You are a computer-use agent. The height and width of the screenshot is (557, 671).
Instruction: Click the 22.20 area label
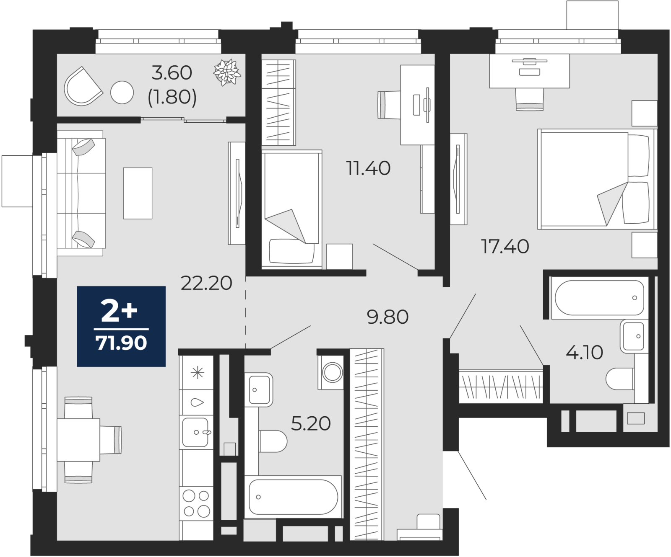pos(206,283)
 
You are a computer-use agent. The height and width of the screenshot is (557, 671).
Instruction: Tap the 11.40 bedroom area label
pos(368,168)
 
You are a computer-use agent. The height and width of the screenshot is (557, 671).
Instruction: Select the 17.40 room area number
pos(505,247)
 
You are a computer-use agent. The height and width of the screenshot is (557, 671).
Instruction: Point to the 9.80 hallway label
pos(388,317)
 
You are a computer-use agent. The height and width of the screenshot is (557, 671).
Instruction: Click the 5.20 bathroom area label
pos(311,424)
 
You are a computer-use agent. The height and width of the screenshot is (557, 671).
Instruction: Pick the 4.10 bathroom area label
pos(584,353)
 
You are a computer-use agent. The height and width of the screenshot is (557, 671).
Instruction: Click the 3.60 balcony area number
pos(172,73)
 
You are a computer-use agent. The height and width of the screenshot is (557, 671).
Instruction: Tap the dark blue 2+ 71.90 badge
pos(121,326)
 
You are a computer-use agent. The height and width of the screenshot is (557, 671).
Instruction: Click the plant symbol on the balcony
pos(227,72)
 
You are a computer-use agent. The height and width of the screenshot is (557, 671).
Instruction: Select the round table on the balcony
pos(122,92)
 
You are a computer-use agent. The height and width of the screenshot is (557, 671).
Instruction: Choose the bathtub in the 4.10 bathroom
pos(599,298)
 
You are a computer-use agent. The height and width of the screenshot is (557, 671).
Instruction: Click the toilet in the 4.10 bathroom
pos(620,379)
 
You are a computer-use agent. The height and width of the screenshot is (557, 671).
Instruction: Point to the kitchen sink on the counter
pos(196,432)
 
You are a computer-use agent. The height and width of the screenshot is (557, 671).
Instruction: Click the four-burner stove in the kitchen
pos(196,503)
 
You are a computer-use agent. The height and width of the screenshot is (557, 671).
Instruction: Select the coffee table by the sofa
pos(138,193)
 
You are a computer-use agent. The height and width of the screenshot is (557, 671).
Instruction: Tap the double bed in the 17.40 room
pos(596,179)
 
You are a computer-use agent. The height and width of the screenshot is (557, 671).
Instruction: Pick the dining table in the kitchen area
pos(78,440)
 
